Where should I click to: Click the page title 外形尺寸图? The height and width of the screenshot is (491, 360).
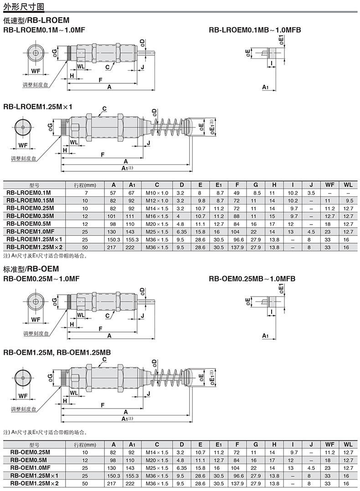[x=24, y=6]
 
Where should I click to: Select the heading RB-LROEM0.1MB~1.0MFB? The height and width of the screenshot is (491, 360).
[x=255, y=30]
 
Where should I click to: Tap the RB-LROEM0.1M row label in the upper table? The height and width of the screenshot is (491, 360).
[x=29, y=193]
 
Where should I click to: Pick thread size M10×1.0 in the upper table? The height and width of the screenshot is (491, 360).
[x=157, y=193]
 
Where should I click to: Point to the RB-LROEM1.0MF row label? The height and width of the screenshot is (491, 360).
[x=31, y=231]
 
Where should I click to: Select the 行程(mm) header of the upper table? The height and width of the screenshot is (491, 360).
[x=85, y=185]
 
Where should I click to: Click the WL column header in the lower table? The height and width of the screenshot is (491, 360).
[x=348, y=445]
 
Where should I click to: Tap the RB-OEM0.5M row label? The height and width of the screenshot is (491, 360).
[x=29, y=460]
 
